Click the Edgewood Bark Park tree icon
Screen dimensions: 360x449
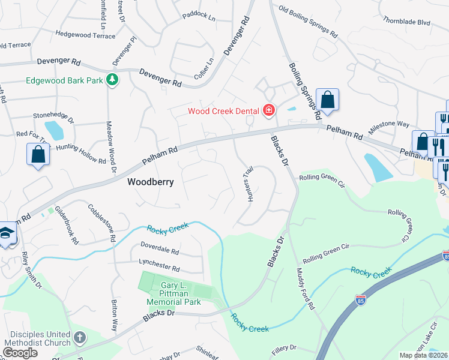[112, 80]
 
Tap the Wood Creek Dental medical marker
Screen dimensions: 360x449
[268, 110]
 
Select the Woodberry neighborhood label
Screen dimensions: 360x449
[150, 182]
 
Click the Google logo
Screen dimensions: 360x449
[20, 352]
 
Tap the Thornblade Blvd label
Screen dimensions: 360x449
[407, 22]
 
